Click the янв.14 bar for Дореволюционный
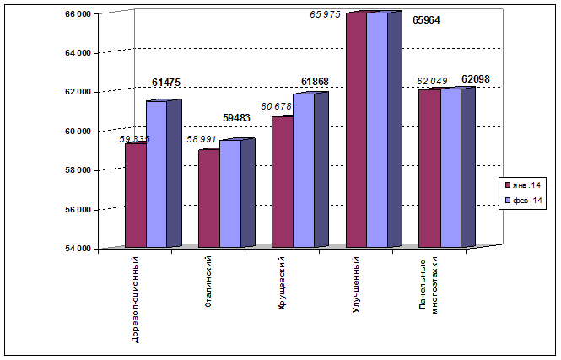135,196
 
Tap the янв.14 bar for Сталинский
208,199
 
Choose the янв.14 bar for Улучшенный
356,131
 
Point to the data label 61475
167,83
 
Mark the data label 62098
476,79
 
